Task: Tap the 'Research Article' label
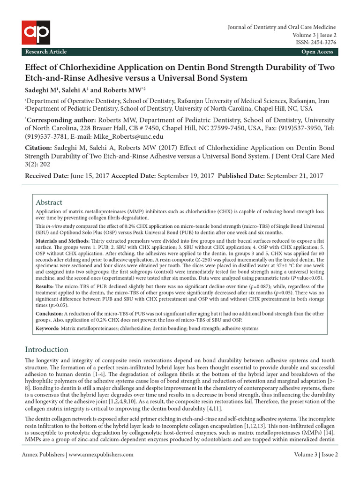pyautogui.click(x=46, y=52)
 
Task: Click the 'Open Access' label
pyautogui.click(x=317, y=52)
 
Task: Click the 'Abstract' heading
pyautogui.click(x=49, y=202)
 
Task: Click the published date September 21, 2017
pyautogui.click(x=295, y=176)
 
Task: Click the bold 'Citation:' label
pyautogui.click(x=38, y=148)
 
